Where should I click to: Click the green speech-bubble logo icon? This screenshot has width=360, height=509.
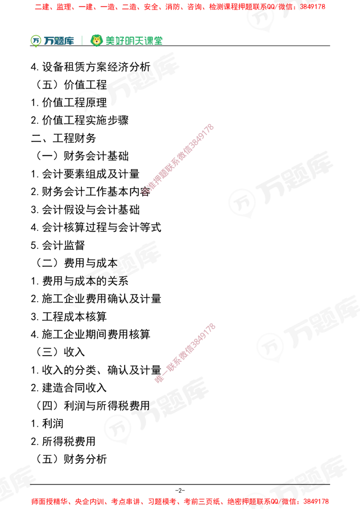click(x=35, y=40)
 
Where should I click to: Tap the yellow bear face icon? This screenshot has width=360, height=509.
click(x=96, y=40)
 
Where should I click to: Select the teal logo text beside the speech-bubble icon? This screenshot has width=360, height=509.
click(x=59, y=40)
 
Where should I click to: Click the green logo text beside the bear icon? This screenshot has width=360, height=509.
click(x=134, y=40)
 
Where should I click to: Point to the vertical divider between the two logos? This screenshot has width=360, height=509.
click(x=81, y=40)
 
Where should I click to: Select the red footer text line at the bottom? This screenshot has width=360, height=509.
click(x=180, y=501)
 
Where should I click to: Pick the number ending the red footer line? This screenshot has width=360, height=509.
click(x=322, y=501)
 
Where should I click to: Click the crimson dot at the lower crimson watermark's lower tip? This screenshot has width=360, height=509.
click(x=159, y=379)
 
